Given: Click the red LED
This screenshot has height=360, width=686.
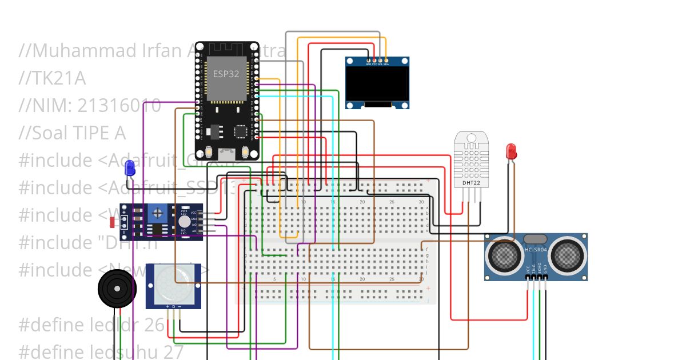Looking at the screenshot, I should click(x=511, y=151).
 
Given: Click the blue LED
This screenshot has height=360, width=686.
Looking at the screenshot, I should click(x=130, y=168).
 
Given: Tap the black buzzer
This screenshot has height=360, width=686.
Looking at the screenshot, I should click(x=117, y=289).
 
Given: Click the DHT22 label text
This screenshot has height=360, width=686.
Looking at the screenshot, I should click(x=470, y=183).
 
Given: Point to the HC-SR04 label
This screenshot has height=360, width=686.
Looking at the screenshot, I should click(x=536, y=250).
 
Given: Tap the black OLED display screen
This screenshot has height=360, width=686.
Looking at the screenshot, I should click(x=377, y=85).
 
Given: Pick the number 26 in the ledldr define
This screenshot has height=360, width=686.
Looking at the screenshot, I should click(x=154, y=325).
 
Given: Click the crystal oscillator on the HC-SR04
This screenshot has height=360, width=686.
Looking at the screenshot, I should click(x=536, y=239).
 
